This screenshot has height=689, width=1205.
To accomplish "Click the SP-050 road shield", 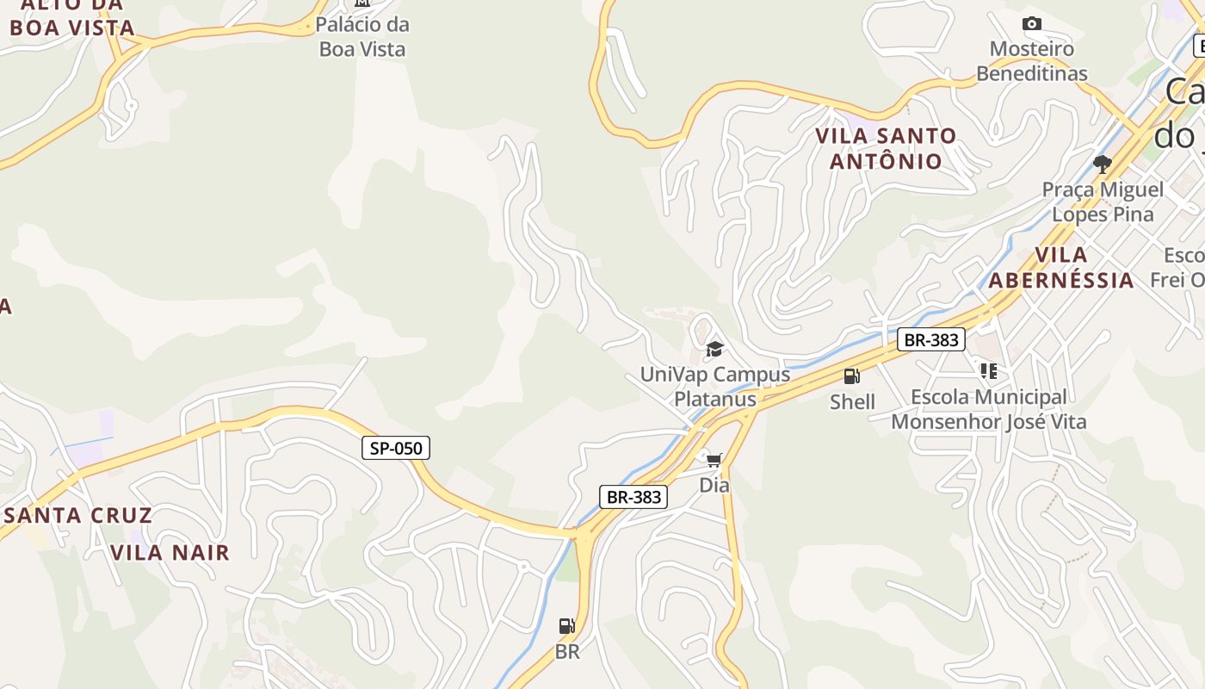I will pyautogui.click(x=395, y=448).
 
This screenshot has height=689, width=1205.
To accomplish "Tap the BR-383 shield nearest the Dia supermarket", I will pyautogui.click(x=633, y=497).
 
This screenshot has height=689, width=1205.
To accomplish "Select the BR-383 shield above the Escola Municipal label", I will pyautogui.click(x=930, y=339).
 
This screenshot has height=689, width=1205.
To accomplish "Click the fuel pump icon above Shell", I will pyautogui.click(x=851, y=376).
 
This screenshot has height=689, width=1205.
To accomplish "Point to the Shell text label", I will pyautogui.click(x=852, y=402).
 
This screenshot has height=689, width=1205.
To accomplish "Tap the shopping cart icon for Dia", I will pyautogui.click(x=714, y=460).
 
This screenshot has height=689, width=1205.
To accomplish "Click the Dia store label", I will pyautogui.click(x=714, y=486).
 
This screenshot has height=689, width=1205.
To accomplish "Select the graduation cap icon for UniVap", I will pyautogui.click(x=714, y=349).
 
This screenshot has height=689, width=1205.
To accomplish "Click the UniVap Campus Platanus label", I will pyautogui.click(x=714, y=387).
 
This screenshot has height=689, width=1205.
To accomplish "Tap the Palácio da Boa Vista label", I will pyautogui.click(x=362, y=36).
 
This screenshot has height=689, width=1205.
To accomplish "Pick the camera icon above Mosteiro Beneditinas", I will pyautogui.click(x=1031, y=23).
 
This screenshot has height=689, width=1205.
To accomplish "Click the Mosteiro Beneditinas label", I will pyautogui.click(x=1031, y=61).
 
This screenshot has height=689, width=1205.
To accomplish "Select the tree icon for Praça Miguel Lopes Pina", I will pyautogui.click(x=1102, y=164).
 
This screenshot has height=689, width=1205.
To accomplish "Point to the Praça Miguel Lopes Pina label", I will pyautogui.click(x=1103, y=202).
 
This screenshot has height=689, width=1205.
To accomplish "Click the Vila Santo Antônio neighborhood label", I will pyautogui.click(x=886, y=148).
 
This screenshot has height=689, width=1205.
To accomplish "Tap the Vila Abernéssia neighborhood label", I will pyautogui.click(x=1061, y=267).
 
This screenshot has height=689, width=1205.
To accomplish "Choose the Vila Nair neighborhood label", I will pyautogui.click(x=170, y=553).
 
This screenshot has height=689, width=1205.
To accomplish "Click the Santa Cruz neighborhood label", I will pyautogui.click(x=78, y=516).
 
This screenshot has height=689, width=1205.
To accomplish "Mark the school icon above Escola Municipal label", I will pyautogui.click(x=988, y=371).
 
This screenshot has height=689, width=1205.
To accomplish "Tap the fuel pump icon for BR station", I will pyautogui.click(x=566, y=626).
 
